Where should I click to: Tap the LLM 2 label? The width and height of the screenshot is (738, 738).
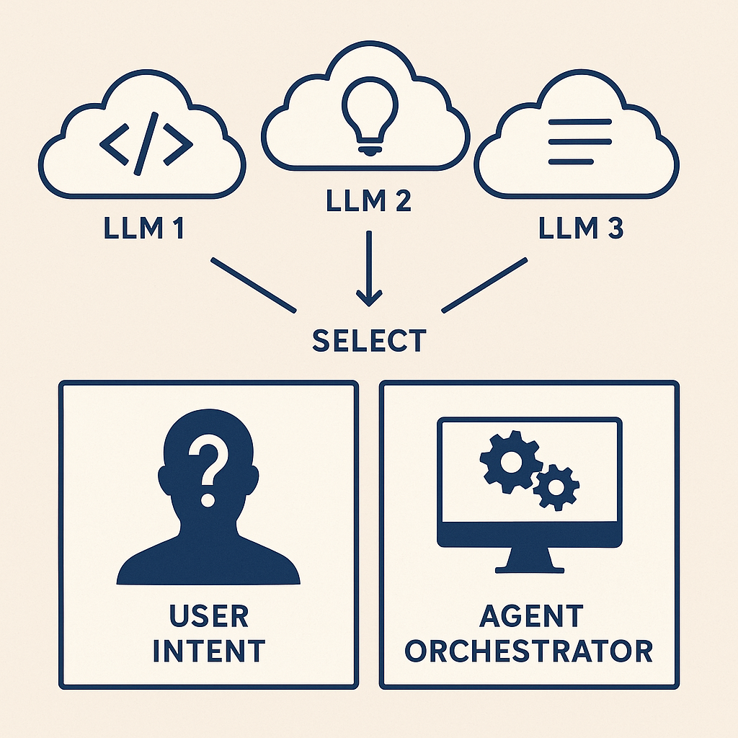coord(368,200)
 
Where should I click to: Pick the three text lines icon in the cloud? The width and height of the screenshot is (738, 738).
coord(579,141)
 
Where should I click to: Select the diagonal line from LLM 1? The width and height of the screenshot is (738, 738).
coord(252,285)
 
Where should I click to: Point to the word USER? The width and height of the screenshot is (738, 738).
coord(209,616)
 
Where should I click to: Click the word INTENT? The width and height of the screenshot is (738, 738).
coord(209,650)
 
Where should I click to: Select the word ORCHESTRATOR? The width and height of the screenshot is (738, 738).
coord(529,650)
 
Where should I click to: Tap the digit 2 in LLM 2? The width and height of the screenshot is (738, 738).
coord(399,200)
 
